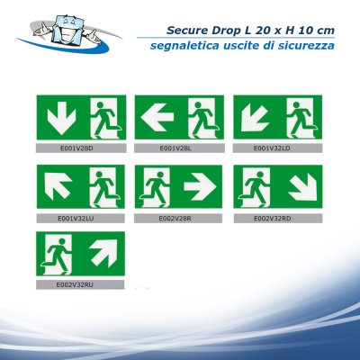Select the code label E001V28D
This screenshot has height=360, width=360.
pos(79,147)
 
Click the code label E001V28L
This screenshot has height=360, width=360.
pos(178,147)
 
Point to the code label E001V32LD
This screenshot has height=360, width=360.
pos(277,147)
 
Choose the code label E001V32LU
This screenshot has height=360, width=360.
pos(79,217)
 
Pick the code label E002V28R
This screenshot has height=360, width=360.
pos(178,217)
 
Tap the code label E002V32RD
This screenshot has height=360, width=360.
pos(277,217)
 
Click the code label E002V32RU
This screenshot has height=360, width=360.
pos(79,286)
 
